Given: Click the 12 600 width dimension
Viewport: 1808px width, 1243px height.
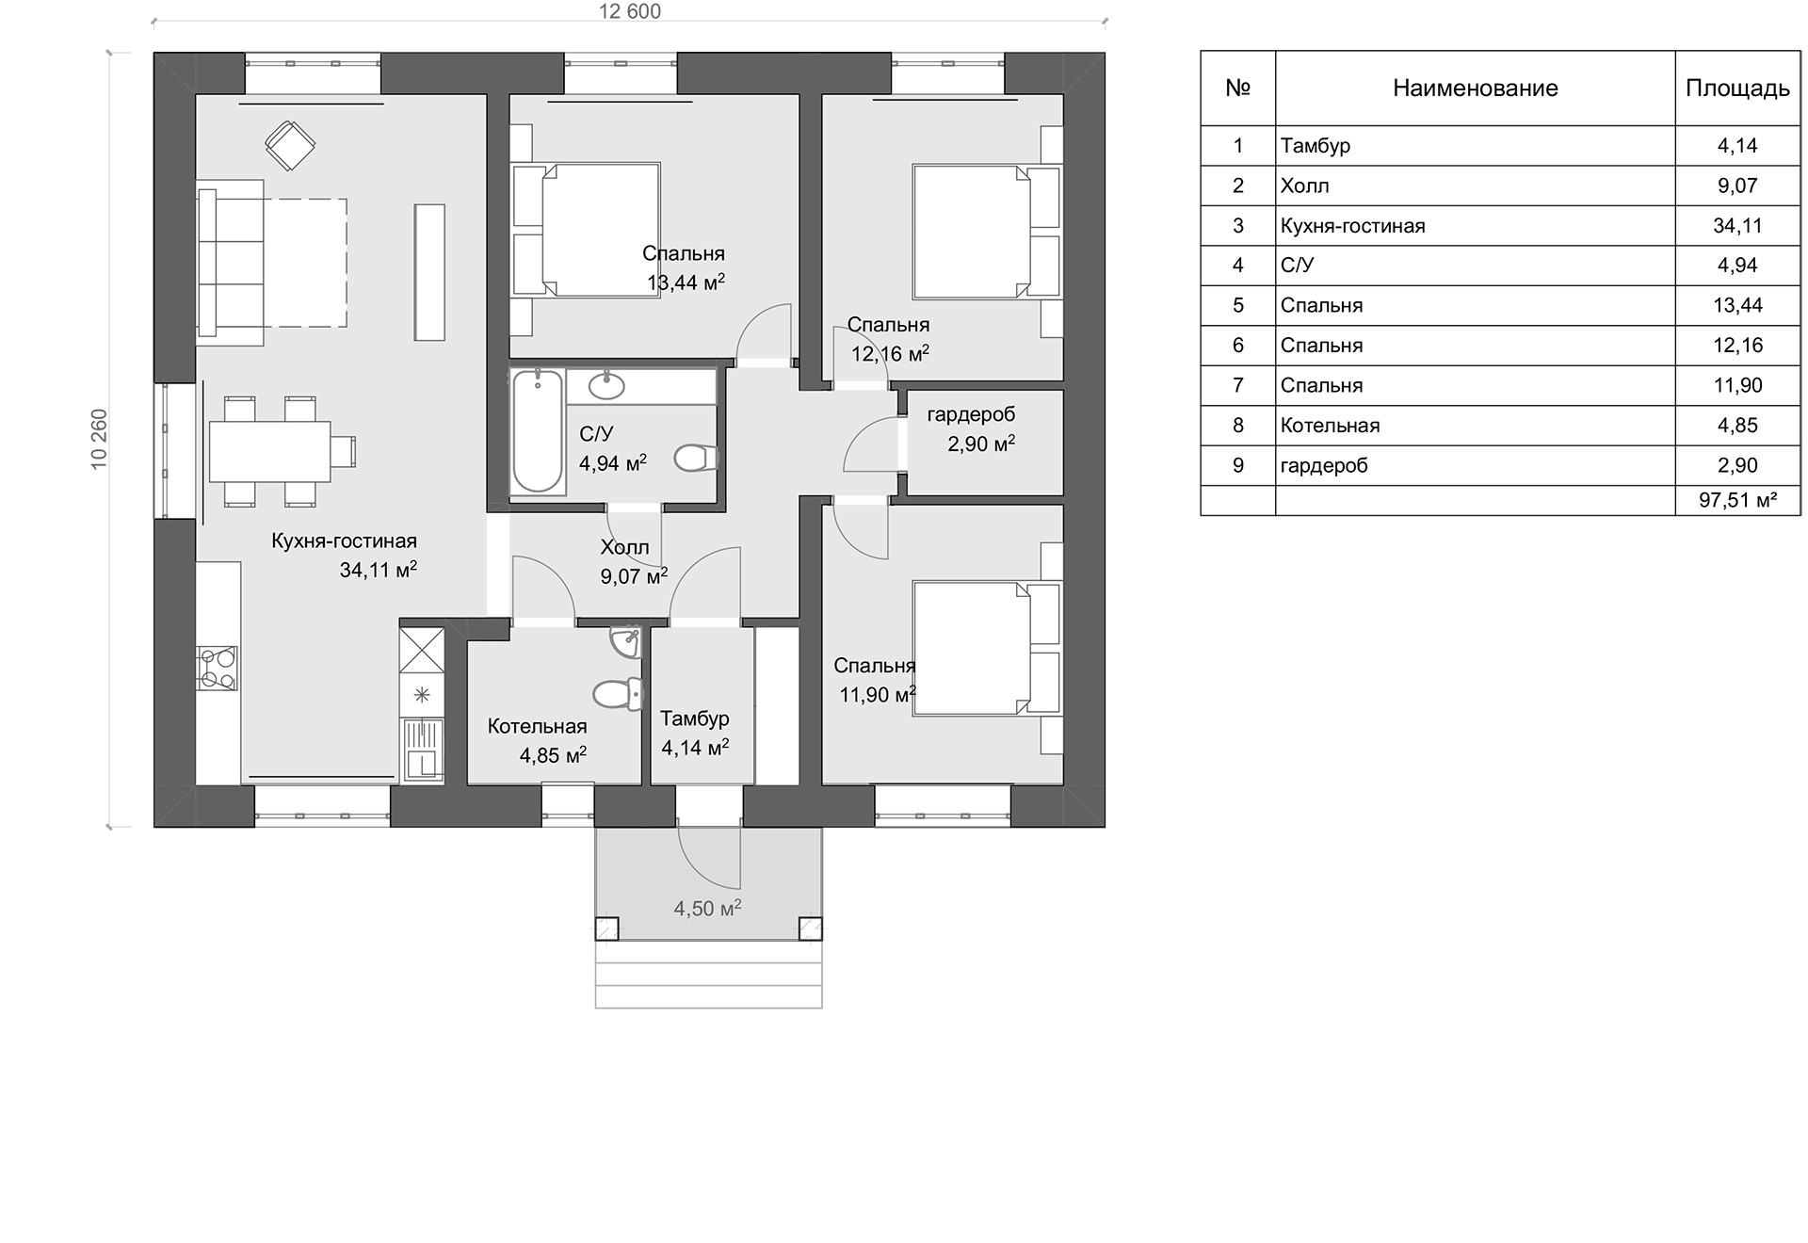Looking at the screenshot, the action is pos(630,11).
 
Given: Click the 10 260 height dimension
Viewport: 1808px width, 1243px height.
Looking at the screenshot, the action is pos(99,439).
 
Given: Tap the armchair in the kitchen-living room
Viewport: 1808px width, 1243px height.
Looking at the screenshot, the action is pos(290,146).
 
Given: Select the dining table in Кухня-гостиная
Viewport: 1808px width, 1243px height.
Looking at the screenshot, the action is pos(270,451).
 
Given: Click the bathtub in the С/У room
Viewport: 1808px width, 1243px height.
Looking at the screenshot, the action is pos(538,431).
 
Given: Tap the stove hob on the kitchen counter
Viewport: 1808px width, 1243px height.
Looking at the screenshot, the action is pos(218,669).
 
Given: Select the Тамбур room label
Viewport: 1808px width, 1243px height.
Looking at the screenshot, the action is pos(695,718).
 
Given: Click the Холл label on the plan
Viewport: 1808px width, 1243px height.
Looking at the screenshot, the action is pos(624,547).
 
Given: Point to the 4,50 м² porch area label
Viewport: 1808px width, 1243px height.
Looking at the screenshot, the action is pos(707,908).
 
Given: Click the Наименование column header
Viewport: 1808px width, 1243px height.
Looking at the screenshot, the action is pos(1475,89).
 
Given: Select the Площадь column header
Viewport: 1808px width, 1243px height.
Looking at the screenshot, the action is pos(1737,89).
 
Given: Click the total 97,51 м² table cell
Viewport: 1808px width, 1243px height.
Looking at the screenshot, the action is pos(1737,500).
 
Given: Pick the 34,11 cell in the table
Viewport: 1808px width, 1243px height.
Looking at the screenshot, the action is pos(1737,226).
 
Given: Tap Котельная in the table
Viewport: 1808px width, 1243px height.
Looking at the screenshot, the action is pos(1330,426).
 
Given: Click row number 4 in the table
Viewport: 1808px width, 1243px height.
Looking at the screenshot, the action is pos(1237,266).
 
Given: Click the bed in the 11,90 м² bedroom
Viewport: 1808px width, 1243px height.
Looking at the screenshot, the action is pos(986,648).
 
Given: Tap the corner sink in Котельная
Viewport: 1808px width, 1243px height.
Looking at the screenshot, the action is pos(625,640).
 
